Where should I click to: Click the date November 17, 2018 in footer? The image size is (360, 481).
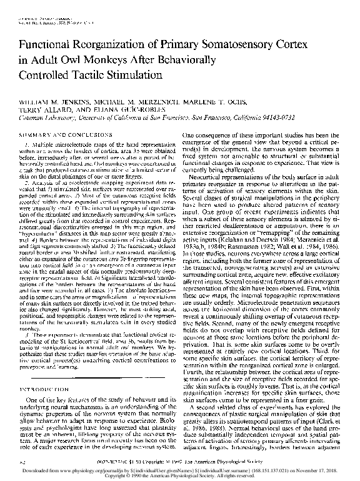[x=331, y=470]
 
